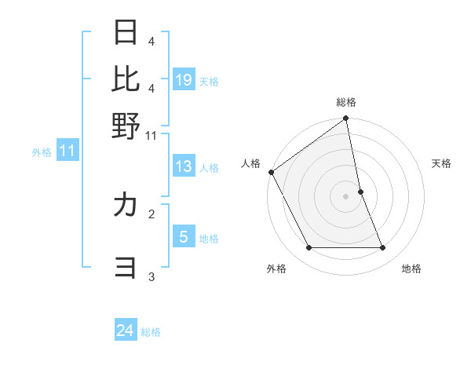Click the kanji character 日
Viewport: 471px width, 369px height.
126,33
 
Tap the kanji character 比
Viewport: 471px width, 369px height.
126,79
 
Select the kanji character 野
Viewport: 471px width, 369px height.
126,126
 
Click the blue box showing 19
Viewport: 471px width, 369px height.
184,80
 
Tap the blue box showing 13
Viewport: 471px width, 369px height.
184,166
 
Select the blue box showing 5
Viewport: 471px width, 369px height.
184,237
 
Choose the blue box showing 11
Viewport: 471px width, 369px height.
68,152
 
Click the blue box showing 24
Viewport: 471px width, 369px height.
126,331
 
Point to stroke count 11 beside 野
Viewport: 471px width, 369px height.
152,136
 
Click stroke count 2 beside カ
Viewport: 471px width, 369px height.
152,213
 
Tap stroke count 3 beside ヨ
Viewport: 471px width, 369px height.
152,276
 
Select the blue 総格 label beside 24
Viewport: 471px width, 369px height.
151,332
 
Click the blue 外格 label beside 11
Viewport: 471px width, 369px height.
42,152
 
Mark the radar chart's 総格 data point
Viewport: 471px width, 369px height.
345,119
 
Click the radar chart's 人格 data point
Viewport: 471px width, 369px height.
271,172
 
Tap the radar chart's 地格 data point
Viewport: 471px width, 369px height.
383,248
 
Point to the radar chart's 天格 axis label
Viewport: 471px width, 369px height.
441,163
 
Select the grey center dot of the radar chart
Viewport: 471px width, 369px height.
345,196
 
